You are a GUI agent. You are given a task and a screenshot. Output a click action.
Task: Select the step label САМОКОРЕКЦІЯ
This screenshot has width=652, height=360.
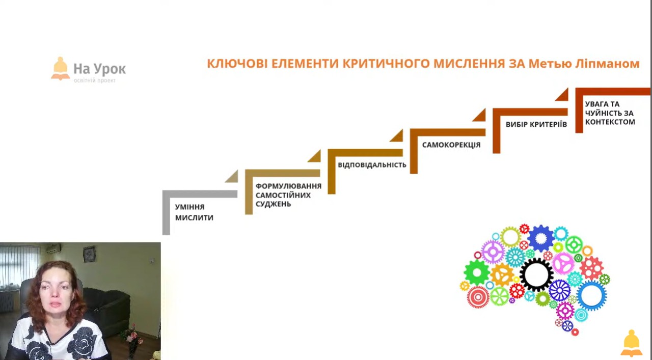pos(451,145)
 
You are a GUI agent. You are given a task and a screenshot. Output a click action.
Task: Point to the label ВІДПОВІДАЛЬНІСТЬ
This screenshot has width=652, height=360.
pos(372,164)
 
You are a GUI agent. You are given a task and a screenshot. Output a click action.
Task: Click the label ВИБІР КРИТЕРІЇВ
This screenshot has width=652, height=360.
pos(536,125)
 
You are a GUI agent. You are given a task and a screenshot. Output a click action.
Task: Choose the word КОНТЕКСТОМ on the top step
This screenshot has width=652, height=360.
pos(610,122)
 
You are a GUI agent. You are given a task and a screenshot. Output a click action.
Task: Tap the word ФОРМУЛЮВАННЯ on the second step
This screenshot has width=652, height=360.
pos(288,186)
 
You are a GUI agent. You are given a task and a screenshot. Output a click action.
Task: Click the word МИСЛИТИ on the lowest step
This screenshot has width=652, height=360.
pos(194,218)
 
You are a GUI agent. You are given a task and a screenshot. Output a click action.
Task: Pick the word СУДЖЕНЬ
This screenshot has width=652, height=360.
pos(274,204)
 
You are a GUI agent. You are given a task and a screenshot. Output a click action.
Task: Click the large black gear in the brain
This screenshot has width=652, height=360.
pos(536,274)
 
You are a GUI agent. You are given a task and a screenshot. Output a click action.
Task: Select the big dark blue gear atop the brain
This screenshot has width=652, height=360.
pos(541,238)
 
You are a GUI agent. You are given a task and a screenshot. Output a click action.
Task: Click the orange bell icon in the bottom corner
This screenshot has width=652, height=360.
pos(631,343)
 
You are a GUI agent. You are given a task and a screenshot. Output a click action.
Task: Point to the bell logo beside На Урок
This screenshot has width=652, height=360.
pos(61,68)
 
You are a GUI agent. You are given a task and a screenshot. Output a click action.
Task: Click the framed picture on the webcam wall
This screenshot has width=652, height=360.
pos(89,254)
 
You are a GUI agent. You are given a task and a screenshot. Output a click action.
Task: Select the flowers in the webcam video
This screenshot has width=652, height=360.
pos(131,338)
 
